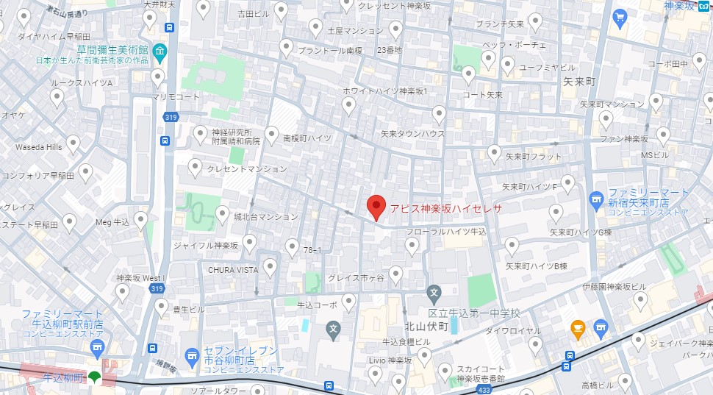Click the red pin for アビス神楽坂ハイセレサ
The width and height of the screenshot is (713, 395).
coord(376,207)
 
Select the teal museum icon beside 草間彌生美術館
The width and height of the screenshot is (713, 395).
coord(160,50)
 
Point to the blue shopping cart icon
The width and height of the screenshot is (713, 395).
coord(620,16)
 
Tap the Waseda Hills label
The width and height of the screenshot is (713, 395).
coord(39,147)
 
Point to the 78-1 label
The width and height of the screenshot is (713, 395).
coord(312,250)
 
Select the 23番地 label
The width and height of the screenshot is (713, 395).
coord(390,50)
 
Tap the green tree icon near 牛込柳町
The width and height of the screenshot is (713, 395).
coord(93,377)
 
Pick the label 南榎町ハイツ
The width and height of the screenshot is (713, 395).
coord(307,138)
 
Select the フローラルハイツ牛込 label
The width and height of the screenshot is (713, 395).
coord(446,232)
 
